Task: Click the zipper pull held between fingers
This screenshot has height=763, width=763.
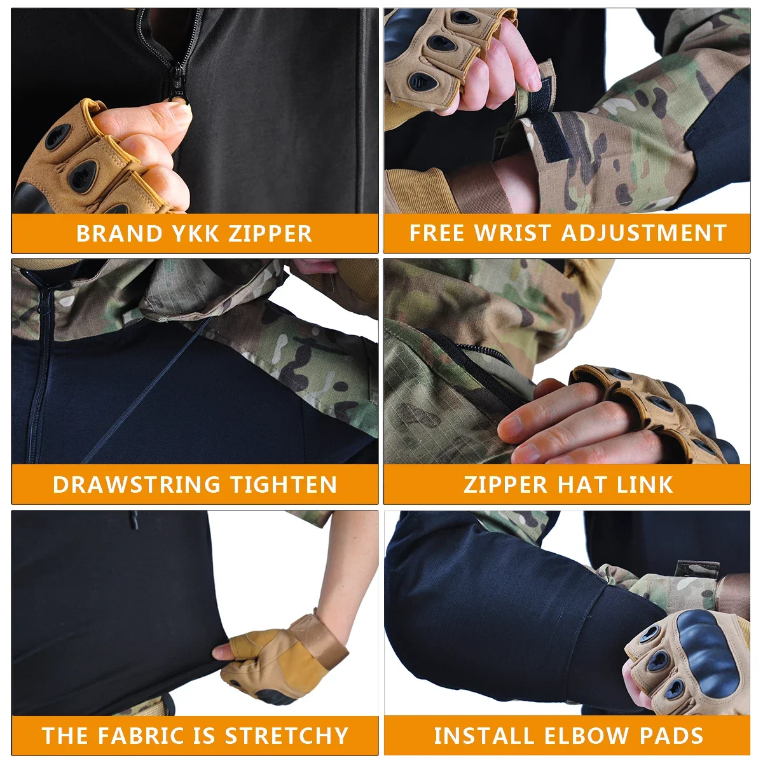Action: (179, 95)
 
